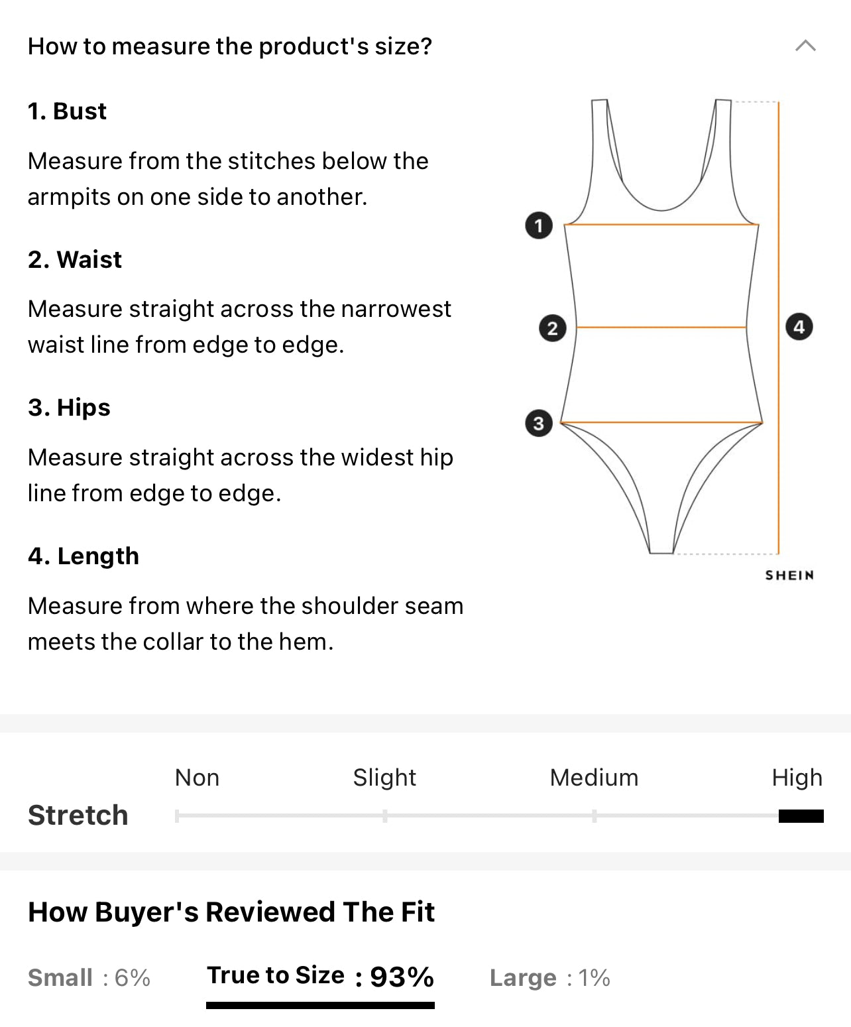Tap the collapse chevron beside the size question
pyautogui.click(x=805, y=46)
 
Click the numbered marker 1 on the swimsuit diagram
pyautogui.click(x=539, y=226)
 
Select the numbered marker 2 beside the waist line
pyautogui.click(x=553, y=328)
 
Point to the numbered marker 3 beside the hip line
pyautogui.click(x=539, y=423)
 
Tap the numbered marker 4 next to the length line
pyautogui.click(x=799, y=327)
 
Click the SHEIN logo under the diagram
pyautogui.click(x=789, y=575)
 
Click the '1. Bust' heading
pyautogui.click(x=67, y=111)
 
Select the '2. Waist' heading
pyautogui.click(x=75, y=259)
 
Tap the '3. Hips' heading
pyautogui.click(x=70, y=408)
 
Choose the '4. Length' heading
pyautogui.click(x=84, y=557)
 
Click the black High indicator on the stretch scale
pyautogui.click(x=801, y=816)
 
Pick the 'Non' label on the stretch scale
pyautogui.click(x=197, y=778)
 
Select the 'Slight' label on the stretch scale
pyautogui.click(x=384, y=778)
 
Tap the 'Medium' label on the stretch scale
pyautogui.click(x=594, y=778)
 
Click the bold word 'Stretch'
pyautogui.click(x=78, y=816)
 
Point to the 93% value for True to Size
pyautogui.click(x=402, y=977)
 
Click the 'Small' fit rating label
pyautogui.click(x=60, y=978)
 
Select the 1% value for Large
pyautogui.click(x=594, y=978)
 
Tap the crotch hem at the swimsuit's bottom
pyautogui.click(x=661, y=553)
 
